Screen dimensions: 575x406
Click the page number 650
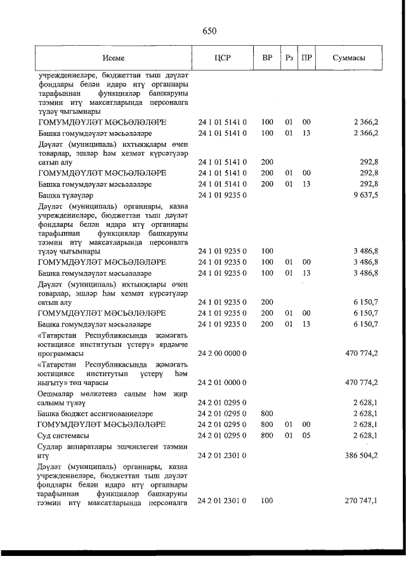point(210,30)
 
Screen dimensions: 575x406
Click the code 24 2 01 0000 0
point(223,382)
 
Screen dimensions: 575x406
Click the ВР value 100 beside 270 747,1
point(267,501)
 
